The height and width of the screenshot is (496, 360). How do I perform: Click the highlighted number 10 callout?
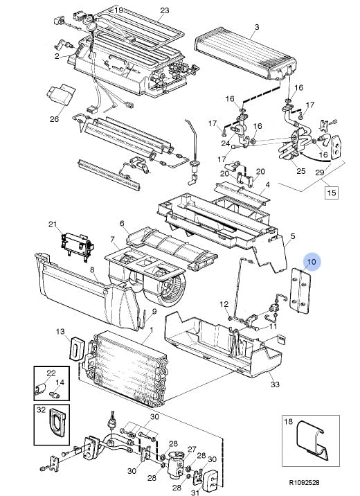pos(312,262)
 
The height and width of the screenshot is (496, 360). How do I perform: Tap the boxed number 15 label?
pos(331,193)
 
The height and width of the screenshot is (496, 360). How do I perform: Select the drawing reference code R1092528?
pos(305,482)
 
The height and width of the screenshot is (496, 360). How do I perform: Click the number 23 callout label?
pos(164,10)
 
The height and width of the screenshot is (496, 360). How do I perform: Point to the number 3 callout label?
pos(257,27)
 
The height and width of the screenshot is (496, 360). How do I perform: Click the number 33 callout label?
pos(275,384)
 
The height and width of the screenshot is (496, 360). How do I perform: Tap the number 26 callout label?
pos(55,119)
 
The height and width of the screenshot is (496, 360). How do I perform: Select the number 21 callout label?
pos(53,224)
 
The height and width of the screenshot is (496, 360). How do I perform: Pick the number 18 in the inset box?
pos(288,422)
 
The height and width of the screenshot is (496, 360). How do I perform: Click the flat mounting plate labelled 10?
pos(300,291)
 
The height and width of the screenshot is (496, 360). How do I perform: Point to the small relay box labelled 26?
pos(62,94)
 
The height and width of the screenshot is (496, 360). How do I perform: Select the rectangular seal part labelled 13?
pos(77,348)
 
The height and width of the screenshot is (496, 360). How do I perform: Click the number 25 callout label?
pos(300,171)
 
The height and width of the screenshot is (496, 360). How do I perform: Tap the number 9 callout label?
pos(154,311)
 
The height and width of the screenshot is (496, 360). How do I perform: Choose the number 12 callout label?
pos(224,304)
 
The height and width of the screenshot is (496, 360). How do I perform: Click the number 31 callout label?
pos(195,493)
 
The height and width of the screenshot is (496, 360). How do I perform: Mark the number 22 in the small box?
pos(51,373)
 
